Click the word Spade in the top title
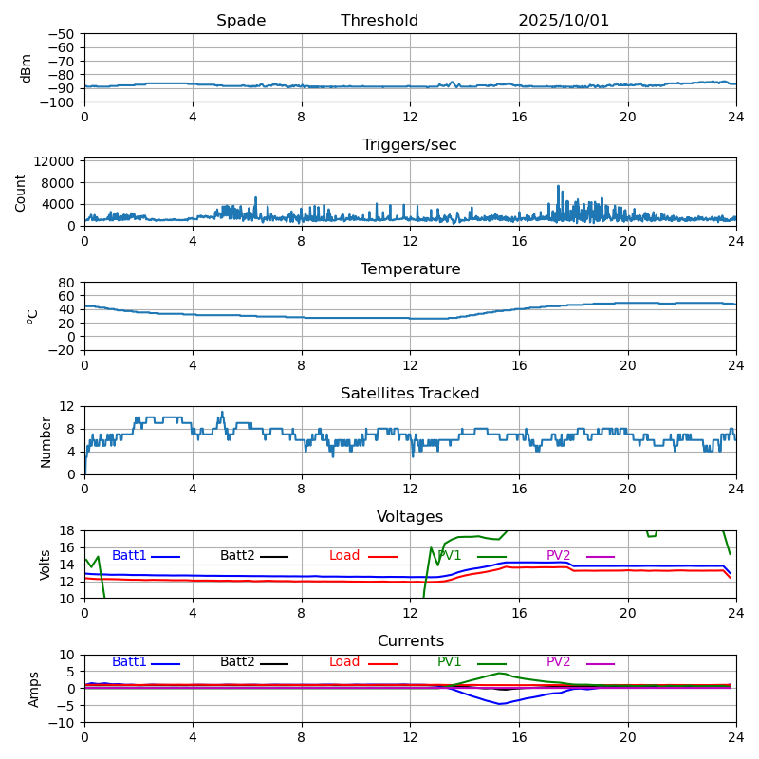241,21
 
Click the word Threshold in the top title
379,21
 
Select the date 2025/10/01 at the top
564,21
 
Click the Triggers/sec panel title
410,145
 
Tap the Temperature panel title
410,269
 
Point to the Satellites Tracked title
410,394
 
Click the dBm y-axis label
27,68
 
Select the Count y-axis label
21,193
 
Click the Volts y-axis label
46,565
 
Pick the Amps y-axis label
34,689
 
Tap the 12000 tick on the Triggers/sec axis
55,162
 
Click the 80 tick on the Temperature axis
66,282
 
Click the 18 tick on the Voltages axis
66,530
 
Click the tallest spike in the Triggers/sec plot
559,186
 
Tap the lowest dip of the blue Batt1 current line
500,704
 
